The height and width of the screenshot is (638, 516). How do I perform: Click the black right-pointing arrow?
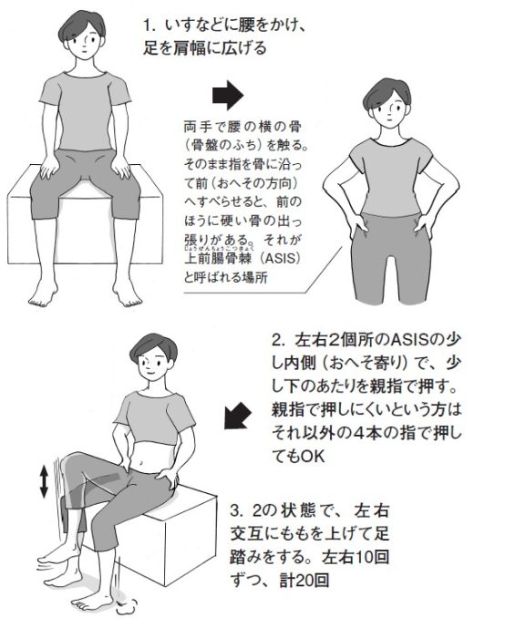(228, 95)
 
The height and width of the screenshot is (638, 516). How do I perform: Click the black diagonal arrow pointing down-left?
(237, 415)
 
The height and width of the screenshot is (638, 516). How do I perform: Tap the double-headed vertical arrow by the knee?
(44, 482)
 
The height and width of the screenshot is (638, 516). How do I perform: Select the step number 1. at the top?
(150, 26)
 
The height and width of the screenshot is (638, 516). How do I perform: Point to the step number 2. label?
(280, 340)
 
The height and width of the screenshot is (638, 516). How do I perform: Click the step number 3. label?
(237, 510)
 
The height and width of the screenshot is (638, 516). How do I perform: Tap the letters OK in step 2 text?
(313, 457)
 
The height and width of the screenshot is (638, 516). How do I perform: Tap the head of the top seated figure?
(82, 35)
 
